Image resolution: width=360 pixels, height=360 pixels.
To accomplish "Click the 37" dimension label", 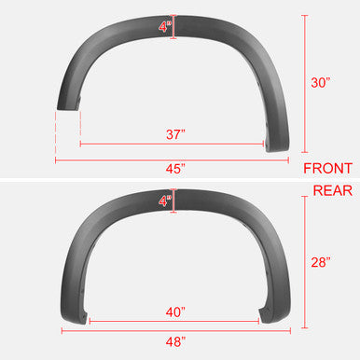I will pyautogui.click(x=175, y=134).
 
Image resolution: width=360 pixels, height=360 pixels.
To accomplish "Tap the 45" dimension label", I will pyautogui.click(x=175, y=169).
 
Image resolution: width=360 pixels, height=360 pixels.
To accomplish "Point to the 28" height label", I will pyautogui.click(x=320, y=263).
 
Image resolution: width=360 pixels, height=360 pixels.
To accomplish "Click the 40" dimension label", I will pyautogui.click(x=175, y=311).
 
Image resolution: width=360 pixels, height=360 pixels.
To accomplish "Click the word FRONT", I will pyautogui.click(x=328, y=169).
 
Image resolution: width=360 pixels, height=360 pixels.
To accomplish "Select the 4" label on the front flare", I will pyautogui.click(x=165, y=27).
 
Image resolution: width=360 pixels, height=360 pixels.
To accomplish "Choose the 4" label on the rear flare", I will pyautogui.click(x=165, y=200).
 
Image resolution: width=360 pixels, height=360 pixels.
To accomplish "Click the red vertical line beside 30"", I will pyautogui.click(x=303, y=84).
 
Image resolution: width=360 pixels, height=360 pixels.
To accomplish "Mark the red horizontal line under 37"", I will pyautogui.click(x=173, y=145).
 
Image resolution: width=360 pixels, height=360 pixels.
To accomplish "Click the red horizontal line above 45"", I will pyautogui.click(x=173, y=159).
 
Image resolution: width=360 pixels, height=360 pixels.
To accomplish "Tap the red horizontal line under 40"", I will pyautogui.click(x=174, y=322).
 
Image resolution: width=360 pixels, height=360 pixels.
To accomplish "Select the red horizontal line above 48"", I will pyautogui.click(x=174, y=331).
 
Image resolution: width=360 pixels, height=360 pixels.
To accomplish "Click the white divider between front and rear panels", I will pyautogui.click(x=180, y=180).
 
